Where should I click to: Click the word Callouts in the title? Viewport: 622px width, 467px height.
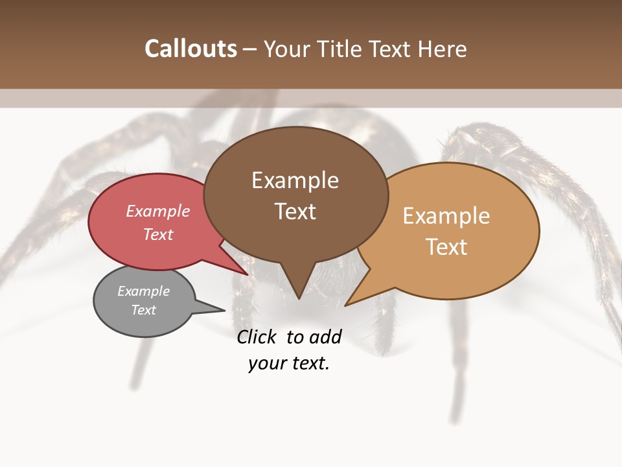click(x=190, y=49)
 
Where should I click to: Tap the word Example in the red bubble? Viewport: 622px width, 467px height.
click(x=158, y=211)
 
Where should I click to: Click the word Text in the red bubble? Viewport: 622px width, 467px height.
click(x=158, y=234)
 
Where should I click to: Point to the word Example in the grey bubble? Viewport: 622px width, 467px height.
click(x=143, y=291)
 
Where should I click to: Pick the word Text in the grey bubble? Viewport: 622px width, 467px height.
click(x=144, y=310)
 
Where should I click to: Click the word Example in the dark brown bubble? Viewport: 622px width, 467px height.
click(x=295, y=180)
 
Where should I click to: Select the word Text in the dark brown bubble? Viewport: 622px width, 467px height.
click(x=295, y=211)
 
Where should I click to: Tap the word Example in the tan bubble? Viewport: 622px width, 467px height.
click(x=446, y=216)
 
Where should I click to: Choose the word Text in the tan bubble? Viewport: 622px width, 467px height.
click(x=447, y=247)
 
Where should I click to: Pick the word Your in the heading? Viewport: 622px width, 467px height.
click(x=283, y=49)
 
